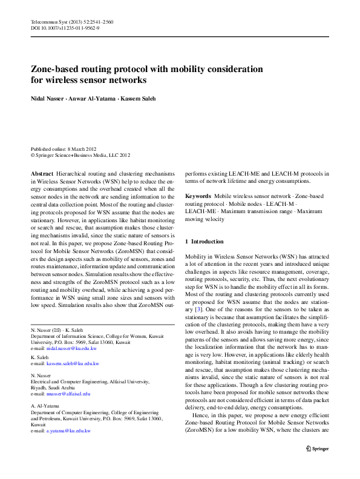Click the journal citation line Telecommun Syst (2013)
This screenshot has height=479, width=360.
[71, 22]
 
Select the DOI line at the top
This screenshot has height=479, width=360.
[65, 28]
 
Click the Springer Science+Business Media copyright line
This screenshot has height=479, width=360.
[80, 155]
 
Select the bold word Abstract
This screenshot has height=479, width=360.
[42, 173]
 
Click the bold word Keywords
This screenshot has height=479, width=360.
[198, 196]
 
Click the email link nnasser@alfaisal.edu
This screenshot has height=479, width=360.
[70, 394]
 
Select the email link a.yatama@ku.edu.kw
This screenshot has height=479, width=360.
[68, 431]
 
